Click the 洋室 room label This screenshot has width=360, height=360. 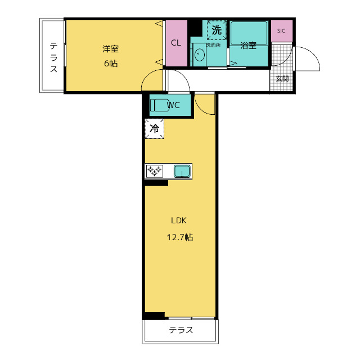pyautogui.click(x=110, y=49)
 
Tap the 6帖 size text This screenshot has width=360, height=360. pyautogui.click(x=111, y=63)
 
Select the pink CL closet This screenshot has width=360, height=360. pyautogui.click(x=176, y=43)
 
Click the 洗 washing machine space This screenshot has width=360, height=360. pyautogui.click(x=217, y=30)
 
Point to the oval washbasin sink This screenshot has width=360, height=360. pyautogui.click(x=199, y=55)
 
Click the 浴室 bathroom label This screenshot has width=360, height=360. pyautogui.click(x=248, y=45)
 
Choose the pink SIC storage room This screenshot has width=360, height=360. pyautogui.click(x=282, y=31)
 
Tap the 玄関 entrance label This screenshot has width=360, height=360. pyautogui.click(x=282, y=79)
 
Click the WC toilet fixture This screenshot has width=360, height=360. pyautogui.click(x=159, y=105)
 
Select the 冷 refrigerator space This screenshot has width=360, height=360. pyautogui.click(x=155, y=129)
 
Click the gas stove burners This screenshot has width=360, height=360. pyautogui.click(x=155, y=171)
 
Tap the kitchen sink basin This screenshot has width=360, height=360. pyautogui.click(x=182, y=171)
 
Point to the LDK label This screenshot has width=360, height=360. pyautogui.click(x=179, y=220)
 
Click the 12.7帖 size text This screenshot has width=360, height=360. pyautogui.click(x=180, y=237)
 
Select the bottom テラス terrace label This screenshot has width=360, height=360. pyautogui.click(x=181, y=330)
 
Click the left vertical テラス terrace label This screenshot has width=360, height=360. pyautogui.click(x=53, y=57)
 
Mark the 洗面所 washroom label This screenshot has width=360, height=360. pyautogui.click(x=213, y=45)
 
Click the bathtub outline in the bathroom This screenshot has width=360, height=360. pyautogui.click(x=249, y=33)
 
